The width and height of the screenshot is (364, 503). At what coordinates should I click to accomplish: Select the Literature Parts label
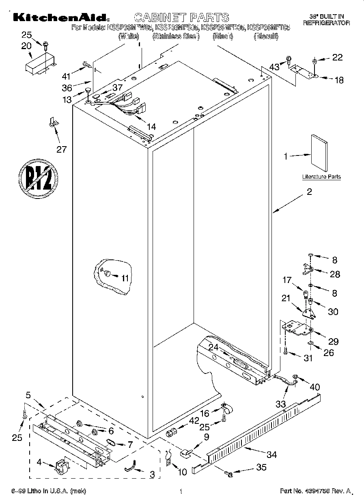(x=321, y=177)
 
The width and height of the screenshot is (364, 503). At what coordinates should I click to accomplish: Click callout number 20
(x=26, y=46)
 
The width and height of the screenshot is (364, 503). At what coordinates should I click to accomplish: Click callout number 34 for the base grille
(x=271, y=455)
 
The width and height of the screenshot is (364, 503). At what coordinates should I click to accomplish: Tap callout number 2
(x=309, y=192)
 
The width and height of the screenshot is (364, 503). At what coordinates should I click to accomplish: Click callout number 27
(x=61, y=149)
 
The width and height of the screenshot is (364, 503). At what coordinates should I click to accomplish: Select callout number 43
(x=275, y=67)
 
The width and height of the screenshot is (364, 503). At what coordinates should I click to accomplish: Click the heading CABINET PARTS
(x=181, y=17)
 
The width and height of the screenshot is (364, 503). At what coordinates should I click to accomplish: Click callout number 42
(x=183, y=421)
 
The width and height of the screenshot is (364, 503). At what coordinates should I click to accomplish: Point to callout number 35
(x=261, y=468)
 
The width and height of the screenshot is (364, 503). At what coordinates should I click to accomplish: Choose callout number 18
(x=338, y=80)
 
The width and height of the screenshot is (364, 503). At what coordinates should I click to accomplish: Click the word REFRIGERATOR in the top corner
(x=326, y=24)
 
